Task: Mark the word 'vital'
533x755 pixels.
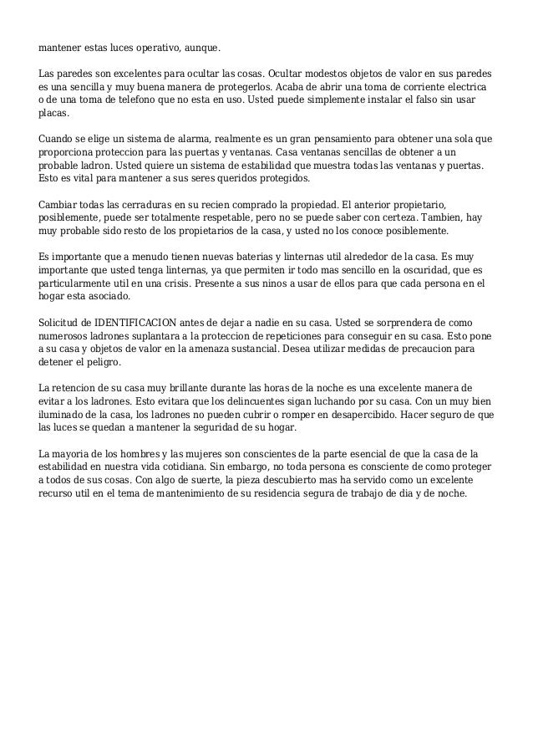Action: click(83, 178)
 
